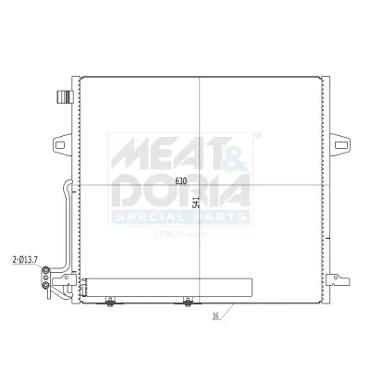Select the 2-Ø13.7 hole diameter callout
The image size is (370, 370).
pyautogui.click(x=25, y=261)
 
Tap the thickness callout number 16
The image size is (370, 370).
pyautogui.click(x=215, y=315)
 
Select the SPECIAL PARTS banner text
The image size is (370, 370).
pyautogui.click(x=181, y=216)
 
